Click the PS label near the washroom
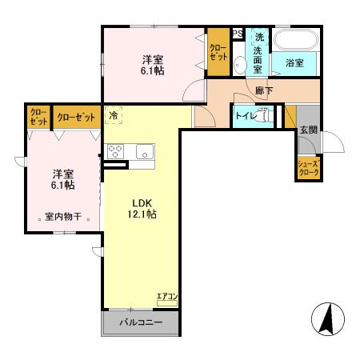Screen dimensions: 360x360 [238, 34]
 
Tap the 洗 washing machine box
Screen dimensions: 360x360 [258, 37]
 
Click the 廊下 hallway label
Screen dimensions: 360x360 [263, 91]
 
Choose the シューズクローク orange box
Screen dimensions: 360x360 [308, 167]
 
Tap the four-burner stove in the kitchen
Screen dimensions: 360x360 [115, 150]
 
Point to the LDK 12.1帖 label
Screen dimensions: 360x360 [138, 208]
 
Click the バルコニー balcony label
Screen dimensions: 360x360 [141, 323]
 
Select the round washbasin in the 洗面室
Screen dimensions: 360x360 [241, 65]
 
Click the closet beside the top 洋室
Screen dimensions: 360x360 [218, 53]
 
